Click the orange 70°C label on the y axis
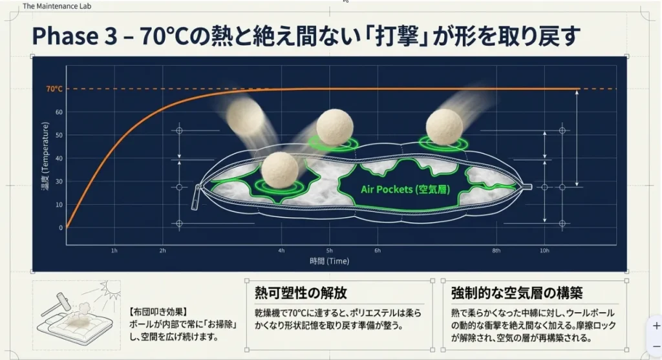pos(54,89)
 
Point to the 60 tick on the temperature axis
pos(59,112)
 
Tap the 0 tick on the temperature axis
pos(61,228)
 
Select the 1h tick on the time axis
pos(114,251)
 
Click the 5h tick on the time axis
pos(329,251)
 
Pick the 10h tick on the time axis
pos(544,251)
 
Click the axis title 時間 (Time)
pos(329,261)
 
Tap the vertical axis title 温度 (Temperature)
pos(45,156)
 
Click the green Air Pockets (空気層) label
pos(405,189)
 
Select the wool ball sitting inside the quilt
pos(279,170)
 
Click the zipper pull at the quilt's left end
pos(196,198)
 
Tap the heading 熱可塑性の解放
pos(301,292)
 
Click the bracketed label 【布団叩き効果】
pos(158,312)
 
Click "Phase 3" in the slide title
pos(74,36)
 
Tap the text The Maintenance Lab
pos(57,6)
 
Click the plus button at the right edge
pos(656,326)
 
